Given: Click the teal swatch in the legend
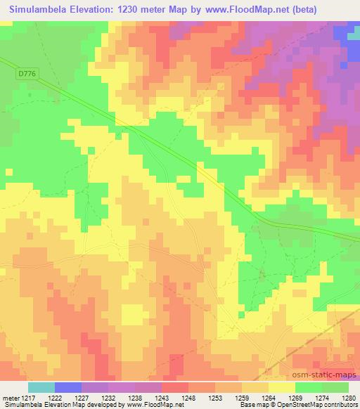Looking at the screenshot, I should (x=41, y=387).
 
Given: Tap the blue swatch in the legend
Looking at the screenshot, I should (x=68, y=387).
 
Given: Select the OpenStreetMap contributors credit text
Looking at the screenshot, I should (x=324, y=405).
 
